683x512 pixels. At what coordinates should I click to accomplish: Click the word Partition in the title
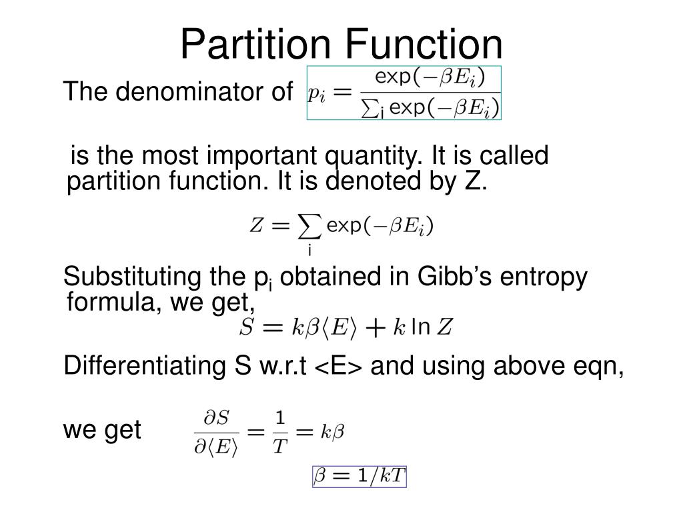click(255, 43)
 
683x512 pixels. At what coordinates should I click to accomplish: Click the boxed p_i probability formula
click(404, 93)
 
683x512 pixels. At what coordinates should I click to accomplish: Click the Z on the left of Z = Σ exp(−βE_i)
click(255, 227)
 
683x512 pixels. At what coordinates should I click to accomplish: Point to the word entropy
click(546, 277)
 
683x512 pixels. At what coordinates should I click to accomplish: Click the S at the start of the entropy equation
click(246, 327)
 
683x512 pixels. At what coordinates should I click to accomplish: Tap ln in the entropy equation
click(420, 327)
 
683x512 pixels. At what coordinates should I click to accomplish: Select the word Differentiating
click(143, 366)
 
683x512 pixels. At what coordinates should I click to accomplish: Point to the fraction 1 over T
click(279, 433)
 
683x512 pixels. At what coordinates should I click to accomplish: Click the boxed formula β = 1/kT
click(360, 477)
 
